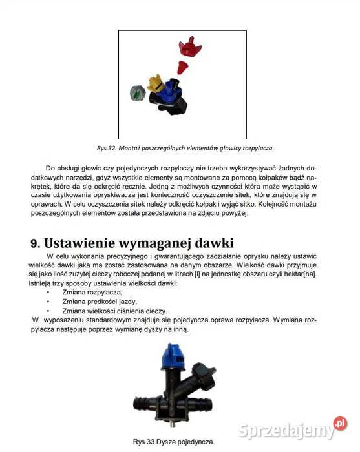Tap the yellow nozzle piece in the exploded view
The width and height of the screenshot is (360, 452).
[x=154, y=83]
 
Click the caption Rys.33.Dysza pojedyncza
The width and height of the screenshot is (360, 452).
[x=173, y=442]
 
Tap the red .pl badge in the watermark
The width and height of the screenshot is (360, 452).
[x=341, y=424]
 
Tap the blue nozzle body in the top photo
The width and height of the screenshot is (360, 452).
[x=171, y=90]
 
